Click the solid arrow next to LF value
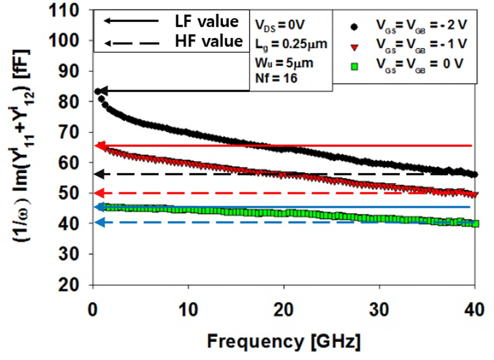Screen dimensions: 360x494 131,21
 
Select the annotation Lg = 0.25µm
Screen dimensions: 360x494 289,45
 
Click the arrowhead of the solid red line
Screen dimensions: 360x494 99,146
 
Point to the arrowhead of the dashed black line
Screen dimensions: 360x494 99,174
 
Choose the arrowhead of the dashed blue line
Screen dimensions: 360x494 99,222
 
